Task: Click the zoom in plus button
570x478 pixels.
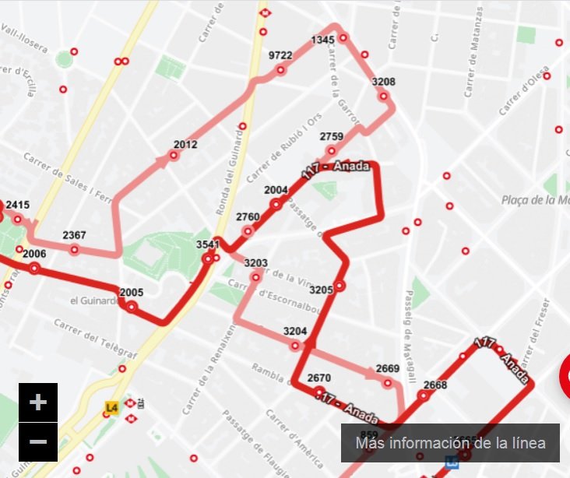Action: [x=38, y=402]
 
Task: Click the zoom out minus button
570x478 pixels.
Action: [x=38, y=441]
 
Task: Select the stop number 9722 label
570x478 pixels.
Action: [x=280, y=55]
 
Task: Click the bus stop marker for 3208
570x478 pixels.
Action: [x=384, y=97]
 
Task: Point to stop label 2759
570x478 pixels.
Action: [x=331, y=137]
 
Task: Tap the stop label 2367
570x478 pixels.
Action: [x=75, y=235]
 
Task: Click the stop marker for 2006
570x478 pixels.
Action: [x=34, y=269]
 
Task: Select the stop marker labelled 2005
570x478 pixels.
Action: [x=132, y=307]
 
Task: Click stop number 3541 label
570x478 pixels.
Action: [x=209, y=244]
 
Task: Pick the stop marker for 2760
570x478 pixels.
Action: [x=248, y=230]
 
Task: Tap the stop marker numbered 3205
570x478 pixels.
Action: [x=340, y=286]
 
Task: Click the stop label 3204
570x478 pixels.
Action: [x=295, y=331]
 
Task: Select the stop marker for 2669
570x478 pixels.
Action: [x=388, y=382]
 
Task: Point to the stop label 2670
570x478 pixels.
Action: [x=319, y=378]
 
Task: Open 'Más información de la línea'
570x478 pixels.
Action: [x=450, y=443]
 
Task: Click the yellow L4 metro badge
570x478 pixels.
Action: [x=111, y=406]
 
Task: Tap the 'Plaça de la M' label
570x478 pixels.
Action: [x=536, y=200]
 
